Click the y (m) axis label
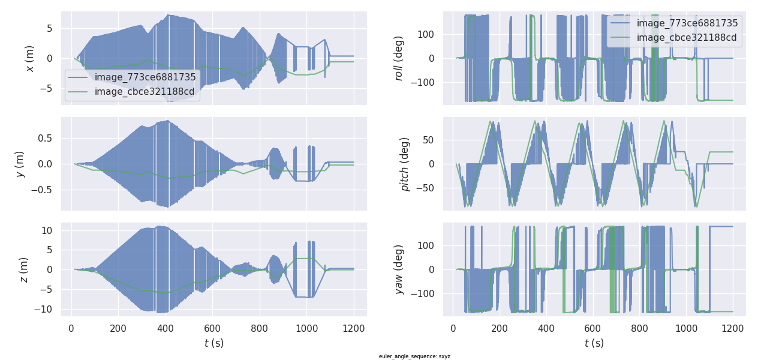coord(20,164)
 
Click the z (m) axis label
coord(24,269)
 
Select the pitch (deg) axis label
coord(405,164)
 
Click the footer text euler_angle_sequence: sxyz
coord(414,356)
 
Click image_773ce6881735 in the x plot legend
coord(145,77)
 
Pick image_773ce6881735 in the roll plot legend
coord(687,23)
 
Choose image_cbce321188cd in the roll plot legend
coord(687,38)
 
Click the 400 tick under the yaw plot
coord(546,328)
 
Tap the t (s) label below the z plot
coord(214,343)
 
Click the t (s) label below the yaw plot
coord(594,343)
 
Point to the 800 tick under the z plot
coord(259,328)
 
